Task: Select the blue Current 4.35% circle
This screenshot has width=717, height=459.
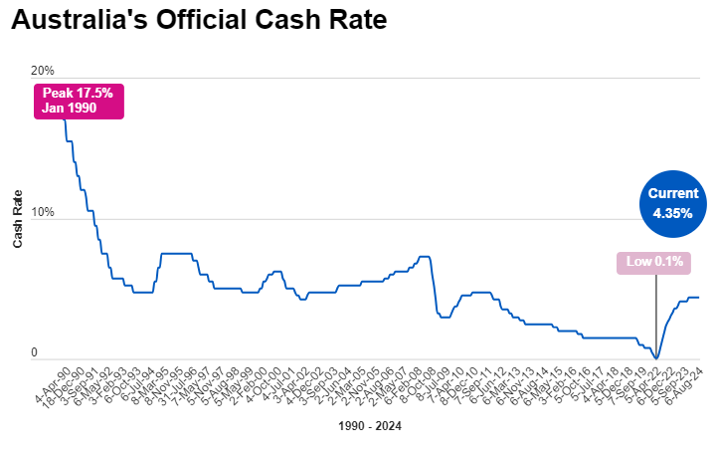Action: [x=672, y=204]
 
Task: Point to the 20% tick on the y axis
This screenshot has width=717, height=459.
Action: [x=43, y=71]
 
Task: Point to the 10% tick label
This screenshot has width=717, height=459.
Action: [x=43, y=213]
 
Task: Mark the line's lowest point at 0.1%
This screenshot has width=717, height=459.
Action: [x=656, y=356]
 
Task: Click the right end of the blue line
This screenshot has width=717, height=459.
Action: [x=698, y=297]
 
